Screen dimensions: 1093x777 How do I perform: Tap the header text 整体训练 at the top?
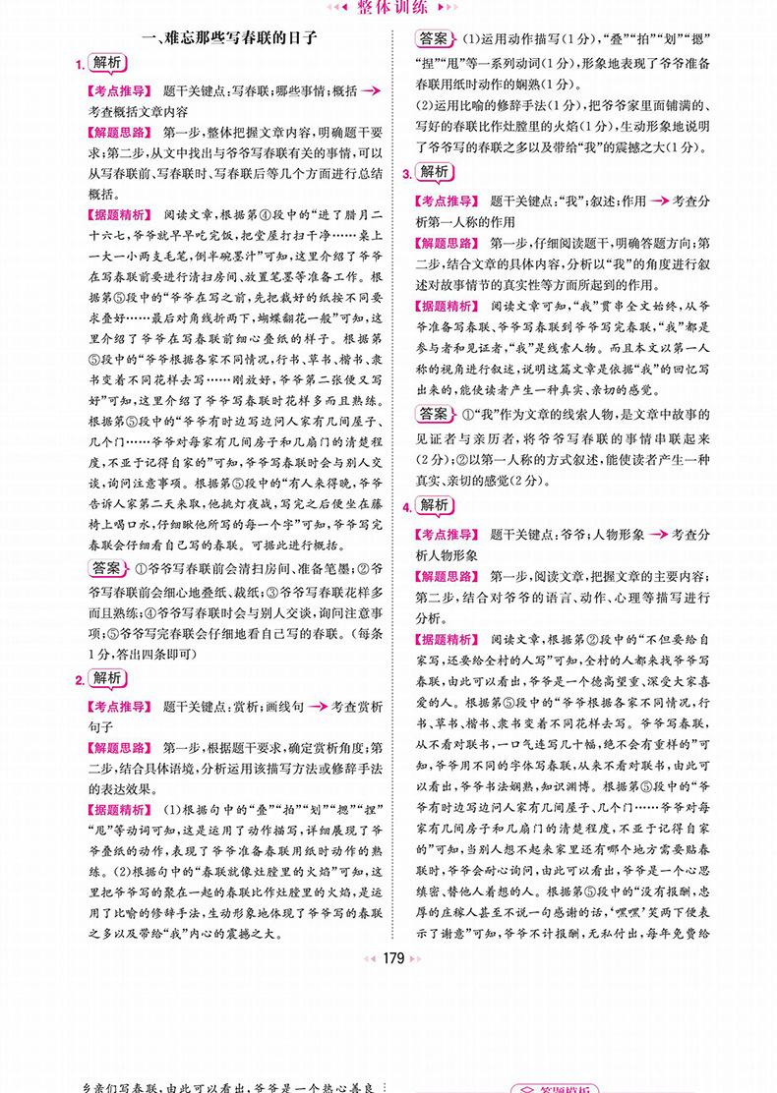pos(388,7)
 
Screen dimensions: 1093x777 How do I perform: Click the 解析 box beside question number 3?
pos(435,172)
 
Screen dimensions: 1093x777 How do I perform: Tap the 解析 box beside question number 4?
pos(435,505)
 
